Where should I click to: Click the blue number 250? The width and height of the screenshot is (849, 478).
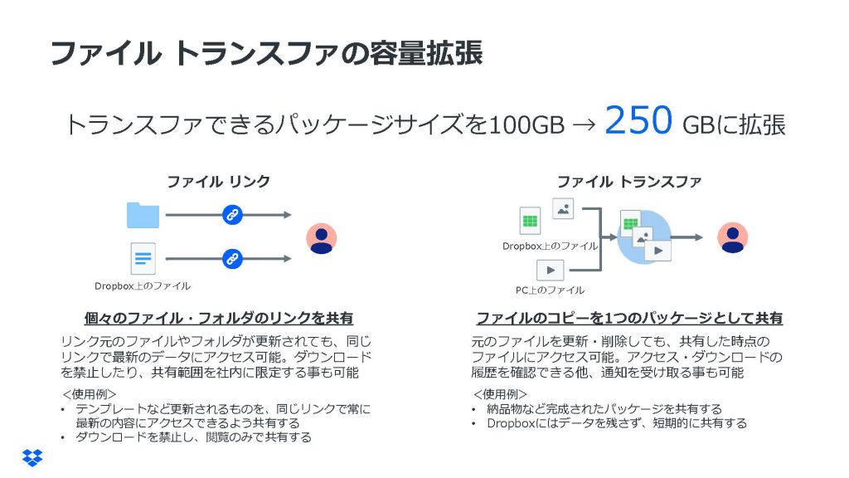pyautogui.click(x=638, y=120)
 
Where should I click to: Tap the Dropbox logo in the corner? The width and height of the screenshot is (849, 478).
pyautogui.click(x=32, y=458)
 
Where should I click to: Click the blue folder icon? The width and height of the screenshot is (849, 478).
pyautogui.click(x=143, y=215)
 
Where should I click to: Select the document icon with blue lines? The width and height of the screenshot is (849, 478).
pyautogui.click(x=143, y=259)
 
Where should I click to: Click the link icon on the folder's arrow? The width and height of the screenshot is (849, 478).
pyautogui.click(x=232, y=215)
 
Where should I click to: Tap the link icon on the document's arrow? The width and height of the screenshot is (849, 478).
pyautogui.click(x=232, y=259)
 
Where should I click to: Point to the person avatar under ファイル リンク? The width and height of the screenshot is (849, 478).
pyautogui.click(x=321, y=238)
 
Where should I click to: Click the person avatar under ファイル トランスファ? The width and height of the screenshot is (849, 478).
pyautogui.click(x=733, y=237)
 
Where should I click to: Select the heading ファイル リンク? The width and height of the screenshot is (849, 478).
pyautogui.click(x=218, y=182)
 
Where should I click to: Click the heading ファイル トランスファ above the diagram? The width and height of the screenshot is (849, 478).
pyautogui.click(x=629, y=182)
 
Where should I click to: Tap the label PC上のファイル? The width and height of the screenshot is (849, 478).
pyautogui.click(x=551, y=290)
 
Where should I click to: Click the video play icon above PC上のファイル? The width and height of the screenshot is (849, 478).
pyautogui.click(x=551, y=270)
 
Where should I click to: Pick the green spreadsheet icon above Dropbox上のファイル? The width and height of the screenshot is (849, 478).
pyautogui.click(x=530, y=221)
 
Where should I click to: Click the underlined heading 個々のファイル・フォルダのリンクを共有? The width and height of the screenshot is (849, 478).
pyautogui.click(x=219, y=318)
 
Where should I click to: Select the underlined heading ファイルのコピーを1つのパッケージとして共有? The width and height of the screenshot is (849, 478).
pyautogui.click(x=629, y=318)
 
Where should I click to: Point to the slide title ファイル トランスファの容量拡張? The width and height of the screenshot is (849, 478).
pyautogui.click(x=266, y=53)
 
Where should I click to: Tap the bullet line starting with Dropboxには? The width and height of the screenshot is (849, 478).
pyautogui.click(x=617, y=423)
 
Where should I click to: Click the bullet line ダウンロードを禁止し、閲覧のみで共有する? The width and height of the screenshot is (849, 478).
pyautogui.click(x=193, y=437)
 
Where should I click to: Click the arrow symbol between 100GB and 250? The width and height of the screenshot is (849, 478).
pyautogui.click(x=584, y=125)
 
